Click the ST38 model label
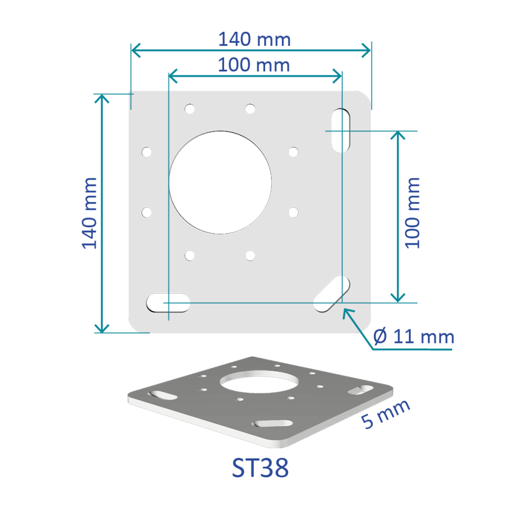click(260, 468)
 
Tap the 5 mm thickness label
click(386, 414)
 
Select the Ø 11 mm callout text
click(414, 337)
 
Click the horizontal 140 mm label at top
click(254, 39)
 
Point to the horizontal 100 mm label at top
click(254, 65)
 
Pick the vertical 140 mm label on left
click(90, 213)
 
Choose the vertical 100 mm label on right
click(412, 213)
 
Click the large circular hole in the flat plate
click(220, 182)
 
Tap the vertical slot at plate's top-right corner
click(341, 131)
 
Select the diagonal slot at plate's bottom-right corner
click(331, 294)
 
